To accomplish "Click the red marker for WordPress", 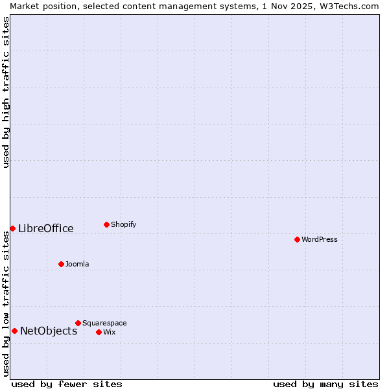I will click(x=297, y=239).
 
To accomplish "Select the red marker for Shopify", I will click(x=106, y=224).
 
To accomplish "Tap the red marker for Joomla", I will click(x=61, y=264).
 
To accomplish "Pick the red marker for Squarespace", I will click(x=78, y=323).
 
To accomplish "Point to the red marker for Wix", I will click(x=99, y=332).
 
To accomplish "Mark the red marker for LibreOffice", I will click(x=12, y=228).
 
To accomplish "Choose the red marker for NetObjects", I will click(x=14, y=331).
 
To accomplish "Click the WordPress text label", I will click(x=320, y=239).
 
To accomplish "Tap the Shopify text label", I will click(x=123, y=224).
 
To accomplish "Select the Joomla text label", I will click(x=77, y=264).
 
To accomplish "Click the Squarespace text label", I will click(x=104, y=323).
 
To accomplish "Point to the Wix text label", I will click(x=110, y=332).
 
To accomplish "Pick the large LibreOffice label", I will click(x=46, y=228).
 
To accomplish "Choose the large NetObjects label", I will click(x=49, y=331).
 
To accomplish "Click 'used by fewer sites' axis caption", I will click(x=67, y=384).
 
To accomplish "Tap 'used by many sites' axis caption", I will click(x=325, y=384).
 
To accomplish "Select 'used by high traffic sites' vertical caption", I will click(x=6, y=92).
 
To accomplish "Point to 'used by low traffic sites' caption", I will click(x=6, y=303).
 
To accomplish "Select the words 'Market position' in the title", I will click(x=41, y=6).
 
